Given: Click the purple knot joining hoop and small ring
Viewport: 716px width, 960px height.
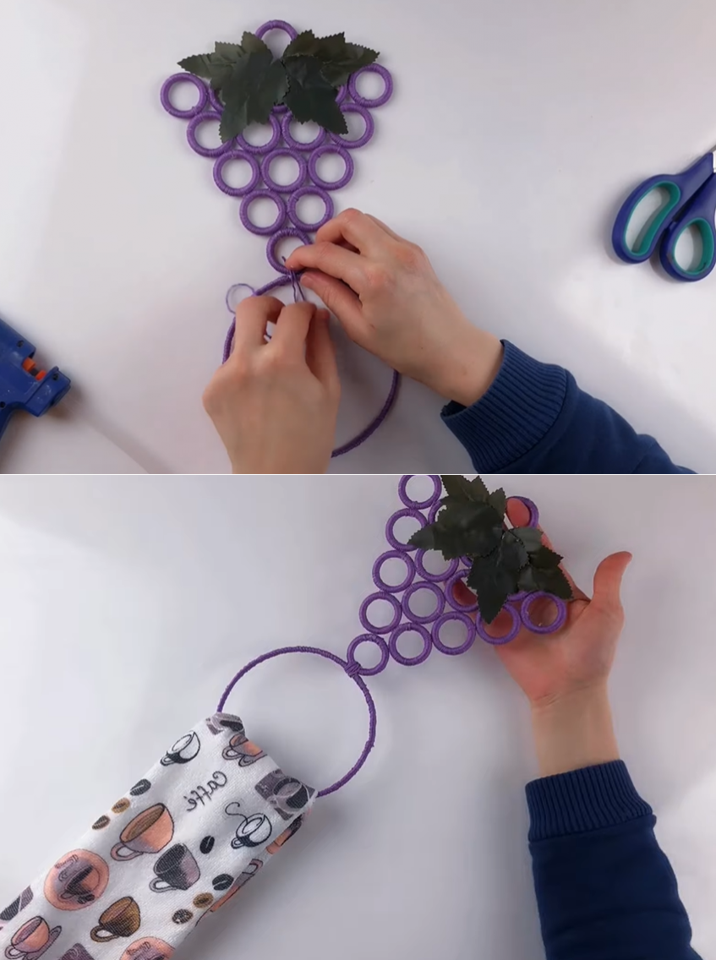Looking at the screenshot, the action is coord(353,670).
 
